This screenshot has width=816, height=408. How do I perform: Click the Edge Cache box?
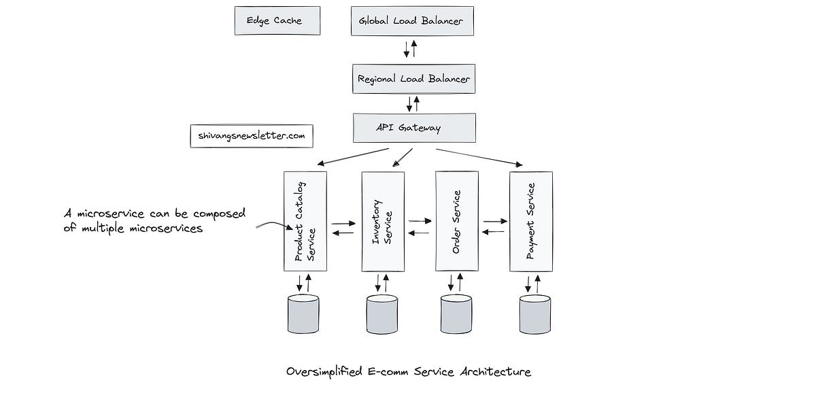coord(277,21)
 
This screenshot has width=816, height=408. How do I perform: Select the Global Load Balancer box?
coord(411,21)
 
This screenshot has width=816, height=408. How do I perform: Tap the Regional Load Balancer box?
coord(413,79)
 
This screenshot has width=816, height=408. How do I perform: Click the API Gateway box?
coord(413,128)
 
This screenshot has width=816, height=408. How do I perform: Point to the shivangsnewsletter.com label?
coord(252,136)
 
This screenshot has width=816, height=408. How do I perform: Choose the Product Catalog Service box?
coord(305,221)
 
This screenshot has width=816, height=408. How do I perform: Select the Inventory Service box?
coord(383,221)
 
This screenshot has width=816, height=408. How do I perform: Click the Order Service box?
coord(456,221)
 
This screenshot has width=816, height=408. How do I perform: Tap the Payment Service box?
coord(530,221)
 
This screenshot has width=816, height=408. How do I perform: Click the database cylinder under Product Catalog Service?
coord(303,313)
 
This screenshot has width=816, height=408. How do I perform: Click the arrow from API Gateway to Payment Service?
coord(479,156)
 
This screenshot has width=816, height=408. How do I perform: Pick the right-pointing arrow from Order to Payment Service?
coord(496,221)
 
